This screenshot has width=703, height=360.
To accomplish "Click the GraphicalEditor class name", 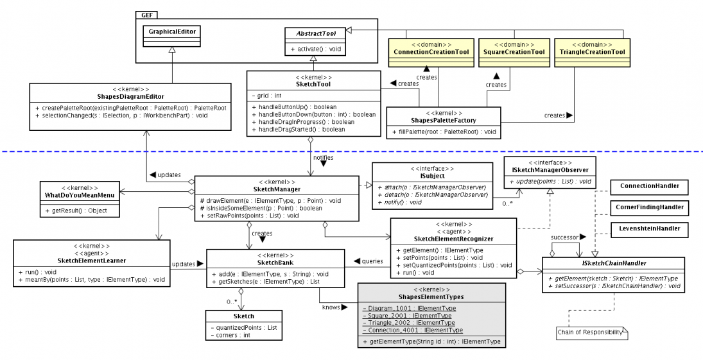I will point(172,30).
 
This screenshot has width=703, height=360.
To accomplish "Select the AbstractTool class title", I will point(313,33).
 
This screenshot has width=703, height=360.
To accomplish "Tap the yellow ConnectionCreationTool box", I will point(431,51).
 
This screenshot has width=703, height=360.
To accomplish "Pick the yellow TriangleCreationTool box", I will point(593,51).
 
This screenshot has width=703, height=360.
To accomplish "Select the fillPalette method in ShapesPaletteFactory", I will point(443,132).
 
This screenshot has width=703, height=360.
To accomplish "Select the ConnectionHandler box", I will point(649,186).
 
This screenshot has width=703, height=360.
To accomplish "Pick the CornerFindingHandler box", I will point(649,207).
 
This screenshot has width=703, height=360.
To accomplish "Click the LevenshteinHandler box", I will point(649,228).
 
